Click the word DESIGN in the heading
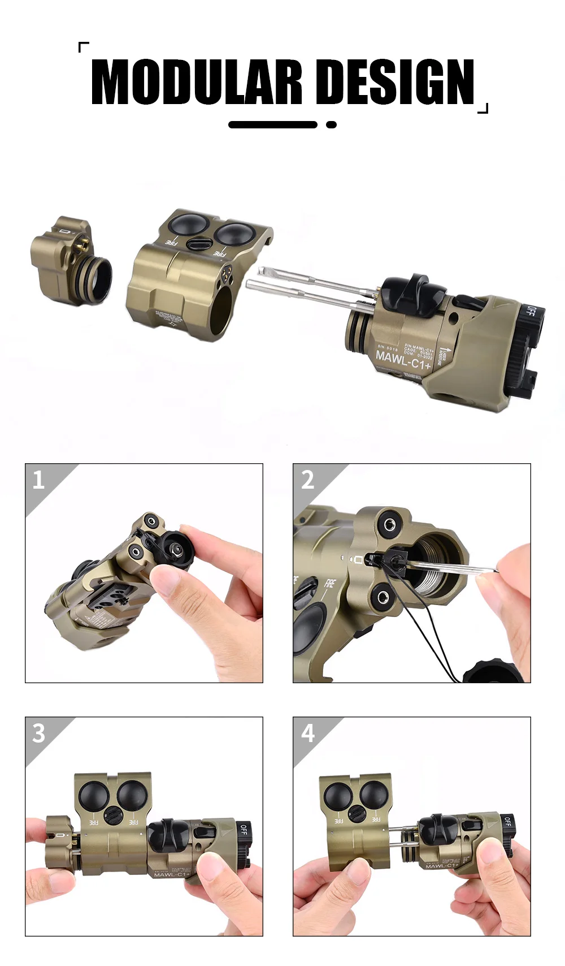[x=395, y=83]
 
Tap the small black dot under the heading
[x=332, y=124]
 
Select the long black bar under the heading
[x=273, y=124]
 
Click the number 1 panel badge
[x=38, y=480]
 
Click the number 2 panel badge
[x=307, y=480]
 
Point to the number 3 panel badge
[x=38, y=733]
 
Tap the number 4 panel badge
[x=307, y=733]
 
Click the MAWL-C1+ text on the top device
[x=403, y=359]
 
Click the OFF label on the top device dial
[x=531, y=312]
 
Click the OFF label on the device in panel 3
[x=244, y=830]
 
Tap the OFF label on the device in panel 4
[x=507, y=822]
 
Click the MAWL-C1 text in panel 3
[x=171, y=874]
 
